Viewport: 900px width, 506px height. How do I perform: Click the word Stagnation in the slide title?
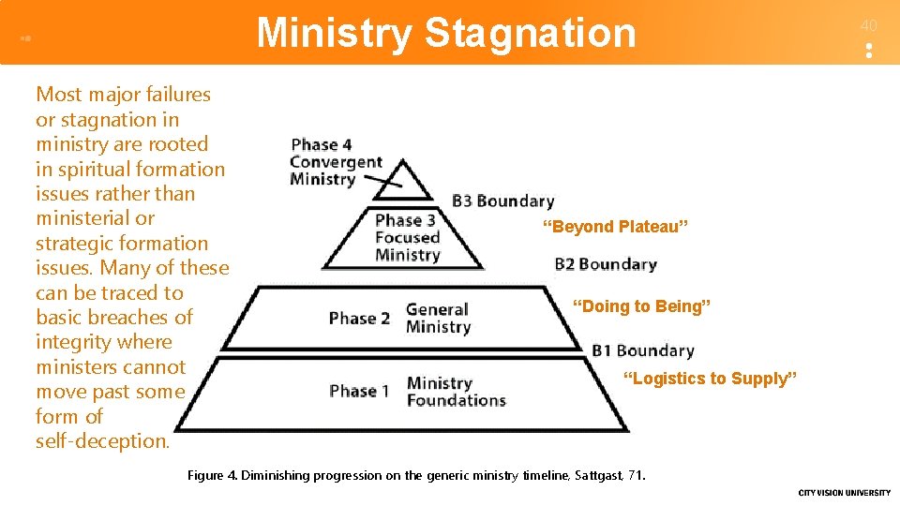pos(530,33)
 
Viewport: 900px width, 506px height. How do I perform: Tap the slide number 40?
pos(869,25)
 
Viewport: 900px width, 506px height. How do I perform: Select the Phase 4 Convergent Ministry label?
pos(335,162)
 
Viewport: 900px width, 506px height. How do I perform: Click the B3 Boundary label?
pos(502,201)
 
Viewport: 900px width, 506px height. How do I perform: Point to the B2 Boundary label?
pos(605,264)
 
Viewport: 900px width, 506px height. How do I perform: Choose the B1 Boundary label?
pos(642,351)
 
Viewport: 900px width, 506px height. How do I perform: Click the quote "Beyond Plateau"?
pos(615,227)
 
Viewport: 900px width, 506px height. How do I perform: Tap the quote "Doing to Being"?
pos(641,306)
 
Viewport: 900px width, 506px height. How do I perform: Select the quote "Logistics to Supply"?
pos(710,379)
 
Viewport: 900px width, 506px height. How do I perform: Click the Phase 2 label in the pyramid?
pos(359,319)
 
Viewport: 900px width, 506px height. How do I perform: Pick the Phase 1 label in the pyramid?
pos(359,391)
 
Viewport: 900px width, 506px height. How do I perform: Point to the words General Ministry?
pos(438,319)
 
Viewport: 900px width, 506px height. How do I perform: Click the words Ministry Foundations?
pos(456,392)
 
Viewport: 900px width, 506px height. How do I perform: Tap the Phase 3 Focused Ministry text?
pos(407,238)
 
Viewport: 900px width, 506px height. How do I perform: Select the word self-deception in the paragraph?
pos(102,441)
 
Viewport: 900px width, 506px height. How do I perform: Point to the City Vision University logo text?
pos(844,493)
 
